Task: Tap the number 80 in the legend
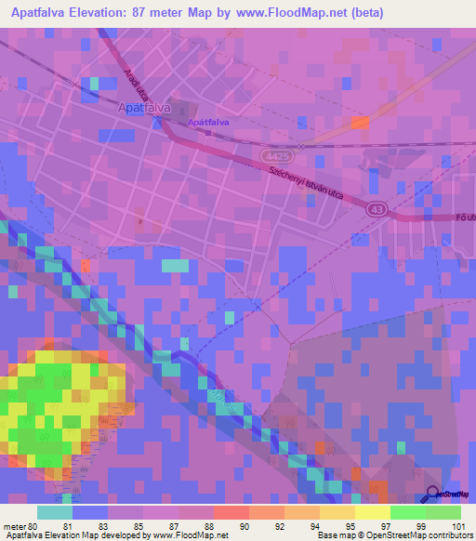(33, 527)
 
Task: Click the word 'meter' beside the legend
(14, 527)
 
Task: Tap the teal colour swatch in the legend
(55, 512)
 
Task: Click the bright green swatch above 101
(443, 512)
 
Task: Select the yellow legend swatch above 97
(372, 512)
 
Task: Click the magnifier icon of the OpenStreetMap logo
(434, 495)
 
